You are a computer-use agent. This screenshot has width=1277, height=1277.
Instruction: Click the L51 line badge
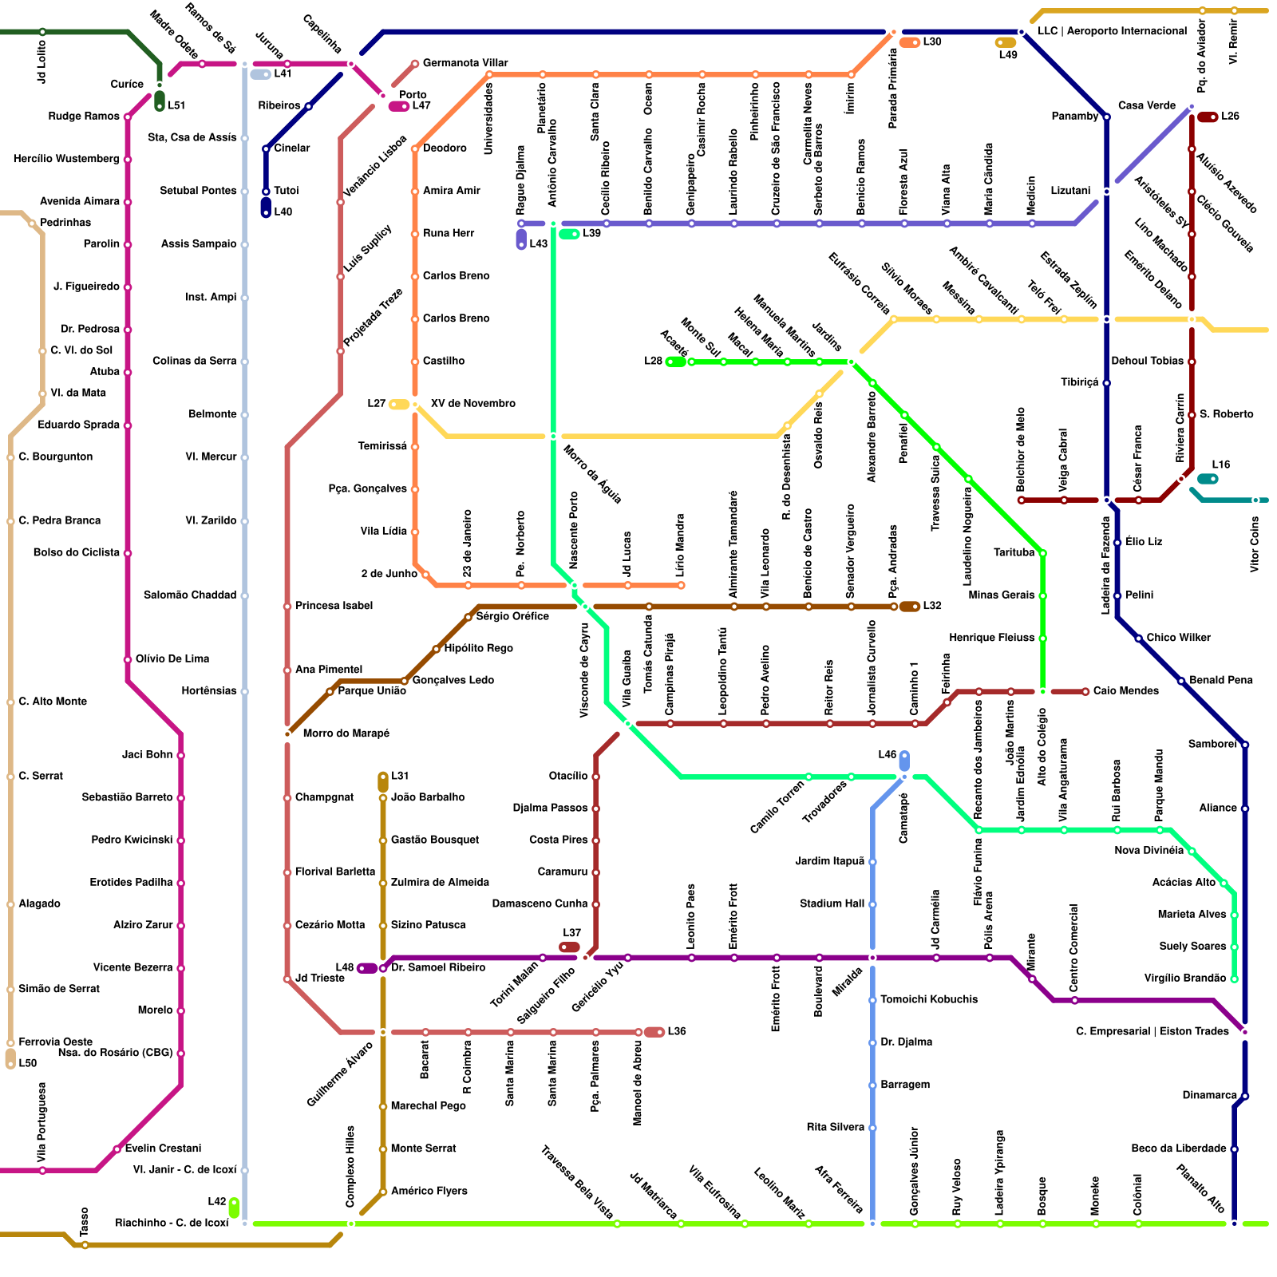[x=160, y=101]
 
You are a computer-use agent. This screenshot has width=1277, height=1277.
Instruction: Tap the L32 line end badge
[x=910, y=607]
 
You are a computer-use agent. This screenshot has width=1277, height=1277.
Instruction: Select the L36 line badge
[x=654, y=1032]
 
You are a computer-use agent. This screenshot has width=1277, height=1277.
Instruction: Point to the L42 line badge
[x=234, y=1208]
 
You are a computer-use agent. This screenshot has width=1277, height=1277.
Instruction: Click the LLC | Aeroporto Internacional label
[x=1112, y=31]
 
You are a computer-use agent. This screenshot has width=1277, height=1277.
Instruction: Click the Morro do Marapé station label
[x=346, y=733]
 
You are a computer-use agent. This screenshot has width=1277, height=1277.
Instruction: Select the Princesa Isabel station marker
[x=287, y=607]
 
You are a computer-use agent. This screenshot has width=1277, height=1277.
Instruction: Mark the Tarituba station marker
[x=1042, y=553]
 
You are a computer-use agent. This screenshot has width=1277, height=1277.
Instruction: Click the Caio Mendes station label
[x=1125, y=691]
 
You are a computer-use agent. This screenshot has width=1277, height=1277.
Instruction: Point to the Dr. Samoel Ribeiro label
[x=438, y=968]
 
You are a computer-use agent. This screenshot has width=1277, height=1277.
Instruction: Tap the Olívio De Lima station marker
[x=128, y=659]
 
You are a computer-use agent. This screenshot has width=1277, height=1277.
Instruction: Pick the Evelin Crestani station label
[x=163, y=1149]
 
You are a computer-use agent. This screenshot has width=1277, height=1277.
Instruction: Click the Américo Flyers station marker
[x=383, y=1192]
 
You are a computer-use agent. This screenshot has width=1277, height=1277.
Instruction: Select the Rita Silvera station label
[x=835, y=1128]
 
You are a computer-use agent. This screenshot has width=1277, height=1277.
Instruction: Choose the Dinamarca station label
[x=1209, y=1096]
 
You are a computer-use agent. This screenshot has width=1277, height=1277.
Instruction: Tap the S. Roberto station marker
[x=1192, y=415]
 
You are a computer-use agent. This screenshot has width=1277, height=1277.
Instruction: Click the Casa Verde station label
[x=1146, y=106]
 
